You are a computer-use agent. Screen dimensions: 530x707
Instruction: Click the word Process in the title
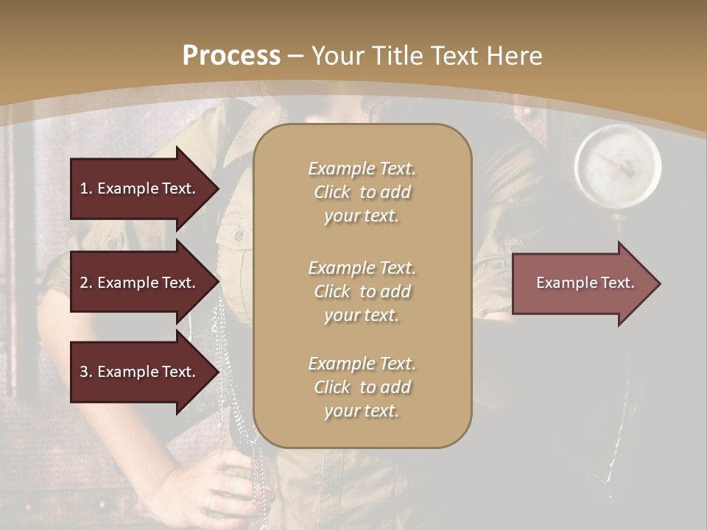coord(231,56)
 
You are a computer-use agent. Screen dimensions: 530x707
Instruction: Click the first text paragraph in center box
coord(362,192)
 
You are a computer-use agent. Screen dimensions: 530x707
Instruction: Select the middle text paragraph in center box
coord(362,291)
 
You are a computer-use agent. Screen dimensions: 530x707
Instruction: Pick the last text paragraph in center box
coord(362,387)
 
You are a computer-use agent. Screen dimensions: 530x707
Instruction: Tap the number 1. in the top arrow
coord(86,188)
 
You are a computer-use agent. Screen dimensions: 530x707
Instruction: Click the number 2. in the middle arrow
coord(86,283)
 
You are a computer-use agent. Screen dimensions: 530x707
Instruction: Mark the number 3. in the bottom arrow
coord(86,372)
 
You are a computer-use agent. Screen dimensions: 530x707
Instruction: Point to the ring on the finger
coord(210,501)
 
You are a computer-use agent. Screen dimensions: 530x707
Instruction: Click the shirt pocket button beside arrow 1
coord(239,236)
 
